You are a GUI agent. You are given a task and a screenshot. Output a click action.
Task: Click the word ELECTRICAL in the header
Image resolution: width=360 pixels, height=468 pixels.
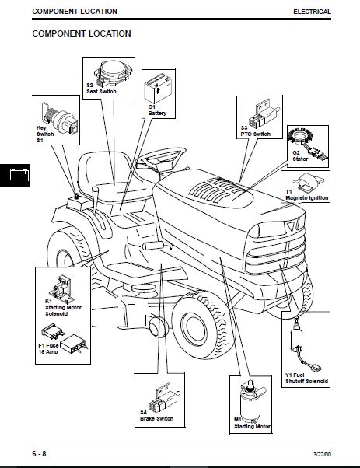point(312,12)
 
